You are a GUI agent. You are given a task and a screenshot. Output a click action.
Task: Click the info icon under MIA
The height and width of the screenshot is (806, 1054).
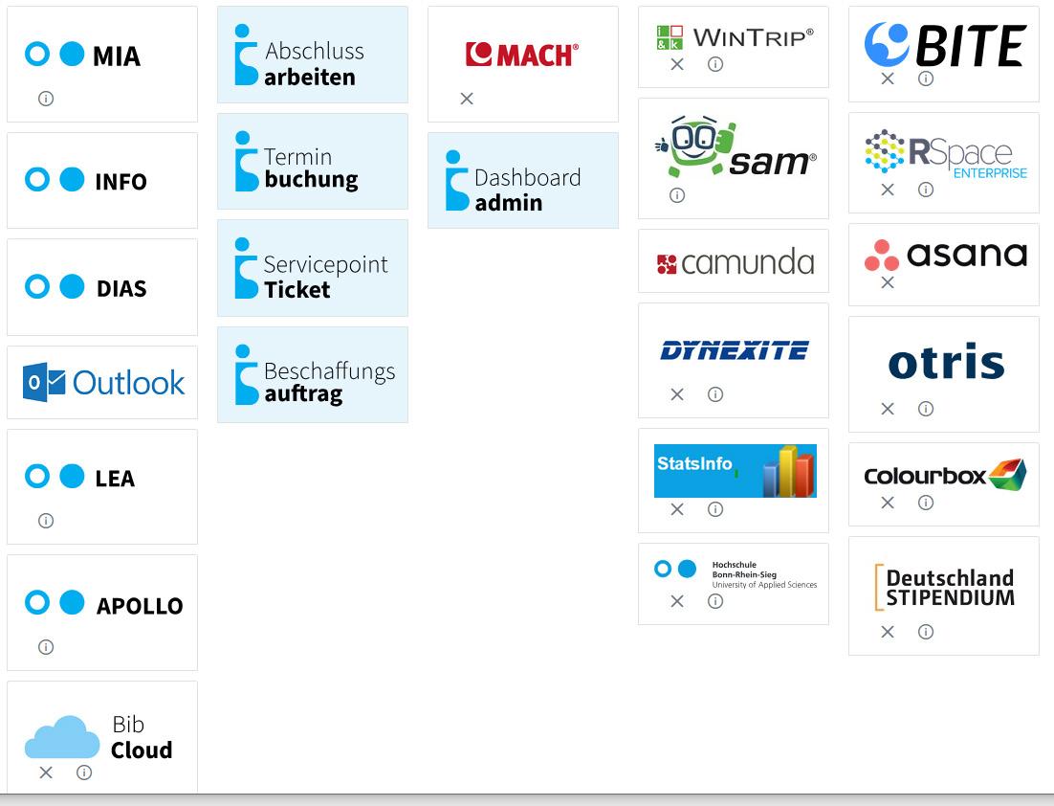[x=46, y=99]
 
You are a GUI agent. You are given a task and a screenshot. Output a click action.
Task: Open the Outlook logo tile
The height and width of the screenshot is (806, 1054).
[x=103, y=383]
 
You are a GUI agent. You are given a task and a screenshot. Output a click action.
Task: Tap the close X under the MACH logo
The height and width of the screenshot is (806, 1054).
[x=467, y=99]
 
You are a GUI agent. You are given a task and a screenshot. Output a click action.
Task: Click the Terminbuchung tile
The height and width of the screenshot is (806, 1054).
[x=312, y=161]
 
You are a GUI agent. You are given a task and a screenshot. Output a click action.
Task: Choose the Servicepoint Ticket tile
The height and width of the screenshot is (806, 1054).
[x=312, y=268]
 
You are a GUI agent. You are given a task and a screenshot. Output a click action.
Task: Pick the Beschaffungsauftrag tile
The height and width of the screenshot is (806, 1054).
[x=312, y=374]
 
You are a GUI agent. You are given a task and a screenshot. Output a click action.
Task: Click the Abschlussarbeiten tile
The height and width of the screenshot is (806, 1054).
[x=312, y=55]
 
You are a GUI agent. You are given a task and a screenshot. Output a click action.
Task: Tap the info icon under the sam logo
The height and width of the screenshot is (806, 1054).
[x=677, y=195]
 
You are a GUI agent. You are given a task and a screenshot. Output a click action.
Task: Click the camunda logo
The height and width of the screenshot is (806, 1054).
[x=735, y=262]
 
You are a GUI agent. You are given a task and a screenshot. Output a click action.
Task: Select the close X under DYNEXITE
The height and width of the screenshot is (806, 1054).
[x=677, y=394]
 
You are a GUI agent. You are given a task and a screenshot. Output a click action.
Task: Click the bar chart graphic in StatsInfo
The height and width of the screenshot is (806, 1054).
[x=788, y=471]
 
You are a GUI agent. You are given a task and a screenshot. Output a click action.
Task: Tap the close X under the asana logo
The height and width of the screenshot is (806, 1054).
[x=888, y=282]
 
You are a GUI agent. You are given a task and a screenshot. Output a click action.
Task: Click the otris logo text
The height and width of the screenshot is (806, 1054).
[x=946, y=363]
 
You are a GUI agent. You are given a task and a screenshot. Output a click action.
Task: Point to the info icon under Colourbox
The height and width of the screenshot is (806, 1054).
[x=926, y=503]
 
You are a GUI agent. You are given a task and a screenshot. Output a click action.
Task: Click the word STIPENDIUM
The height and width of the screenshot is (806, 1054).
[x=950, y=597]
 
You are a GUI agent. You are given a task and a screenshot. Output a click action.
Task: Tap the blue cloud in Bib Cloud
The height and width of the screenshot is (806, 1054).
[x=62, y=738]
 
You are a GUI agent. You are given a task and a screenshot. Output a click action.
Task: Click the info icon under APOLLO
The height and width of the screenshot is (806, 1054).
[x=46, y=647]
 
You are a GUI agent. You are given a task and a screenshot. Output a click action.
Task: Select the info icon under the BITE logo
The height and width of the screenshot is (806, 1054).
[x=926, y=78]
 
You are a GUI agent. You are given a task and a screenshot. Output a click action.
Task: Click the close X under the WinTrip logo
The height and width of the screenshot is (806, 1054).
[x=677, y=64]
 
